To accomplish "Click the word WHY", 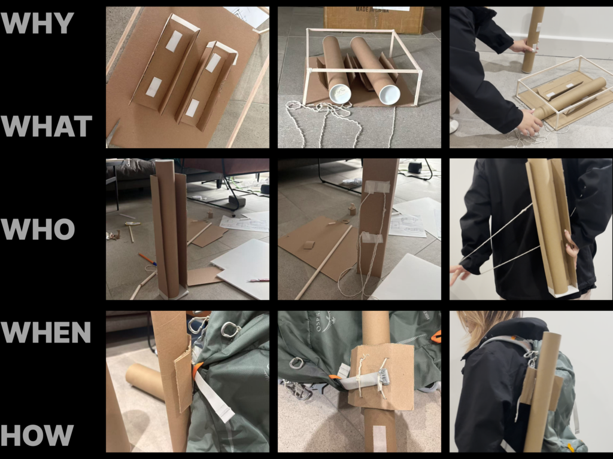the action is (37, 23).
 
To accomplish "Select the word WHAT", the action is (46, 126).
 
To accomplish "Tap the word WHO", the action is (38, 229).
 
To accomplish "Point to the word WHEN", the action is (45, 332).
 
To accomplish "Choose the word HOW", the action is (37, 435).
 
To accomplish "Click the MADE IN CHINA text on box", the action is (372, 10).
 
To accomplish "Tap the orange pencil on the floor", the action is (147, 259).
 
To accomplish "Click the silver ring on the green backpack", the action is (297, 363).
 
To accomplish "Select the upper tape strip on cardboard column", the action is (377, 186).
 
